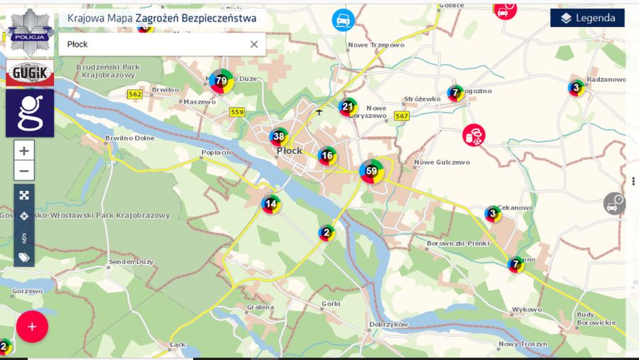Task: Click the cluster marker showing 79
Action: click(x=222, y=81)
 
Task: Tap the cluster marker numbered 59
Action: click(x=371, y=171)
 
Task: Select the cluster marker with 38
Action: click(x=279, y=137)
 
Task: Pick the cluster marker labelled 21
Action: click(x=347, y=108)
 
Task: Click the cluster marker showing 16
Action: click(x=327, y=156)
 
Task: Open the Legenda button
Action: click(x=587, y=18)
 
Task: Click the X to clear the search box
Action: click(x=253, y=44)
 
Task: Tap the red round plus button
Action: click(x=32, y=327)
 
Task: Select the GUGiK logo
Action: click(x=30, y=72)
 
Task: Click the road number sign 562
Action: click(x=135, y=94)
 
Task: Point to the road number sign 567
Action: click(x=402, y=116)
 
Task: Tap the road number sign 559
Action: click(x=237, y=112)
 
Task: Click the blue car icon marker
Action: click(x=344, y=20)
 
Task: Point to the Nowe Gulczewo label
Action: click(x=442, y=162)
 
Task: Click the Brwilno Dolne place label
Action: click(x=129, y=138)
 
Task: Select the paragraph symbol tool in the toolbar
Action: click(x=24, y=236)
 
